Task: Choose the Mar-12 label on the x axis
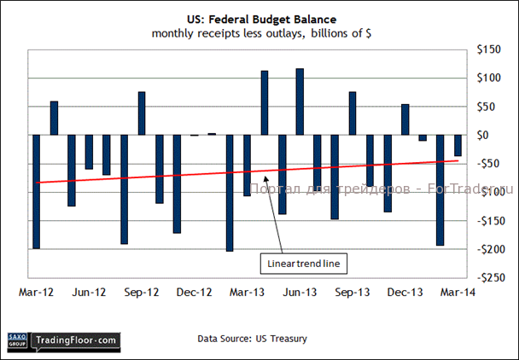tap(36, 292)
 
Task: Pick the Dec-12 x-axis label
tap(194, 292)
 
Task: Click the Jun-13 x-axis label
tap(300, 292)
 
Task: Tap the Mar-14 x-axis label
tap(458, 292)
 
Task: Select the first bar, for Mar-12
tap(37, 192)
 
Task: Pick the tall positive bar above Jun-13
tap(300, 102)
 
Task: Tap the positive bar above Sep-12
tap(142, 113)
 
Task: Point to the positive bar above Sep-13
tap(353, 113)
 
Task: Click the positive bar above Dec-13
tap(405, 119)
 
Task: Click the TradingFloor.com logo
tap(74, 340)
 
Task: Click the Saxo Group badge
tap(17, 340)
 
